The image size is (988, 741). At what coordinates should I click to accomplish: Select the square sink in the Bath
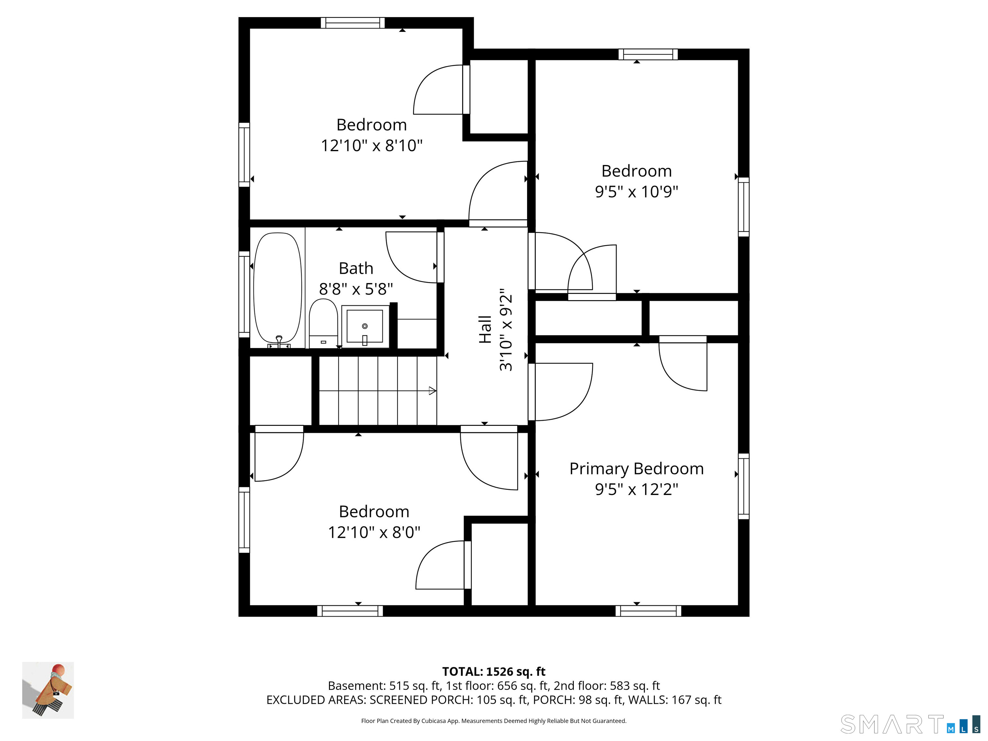pos(365,326)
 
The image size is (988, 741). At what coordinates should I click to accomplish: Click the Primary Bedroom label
pos(636,469)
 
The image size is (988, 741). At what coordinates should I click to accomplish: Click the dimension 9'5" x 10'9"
pos(636,192)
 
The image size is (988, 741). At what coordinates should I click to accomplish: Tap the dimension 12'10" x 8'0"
pos(374,532)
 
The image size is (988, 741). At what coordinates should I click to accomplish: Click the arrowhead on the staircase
pos(432,391)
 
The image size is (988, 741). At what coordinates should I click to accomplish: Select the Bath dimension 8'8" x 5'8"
pos(356,289)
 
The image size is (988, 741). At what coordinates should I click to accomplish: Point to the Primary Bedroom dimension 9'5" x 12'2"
pos(636,489)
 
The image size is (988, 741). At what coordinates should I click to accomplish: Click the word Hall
pos(485,330)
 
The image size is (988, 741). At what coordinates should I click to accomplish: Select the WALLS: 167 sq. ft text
pos(675,700)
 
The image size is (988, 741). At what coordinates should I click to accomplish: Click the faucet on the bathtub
pos(279,341)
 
